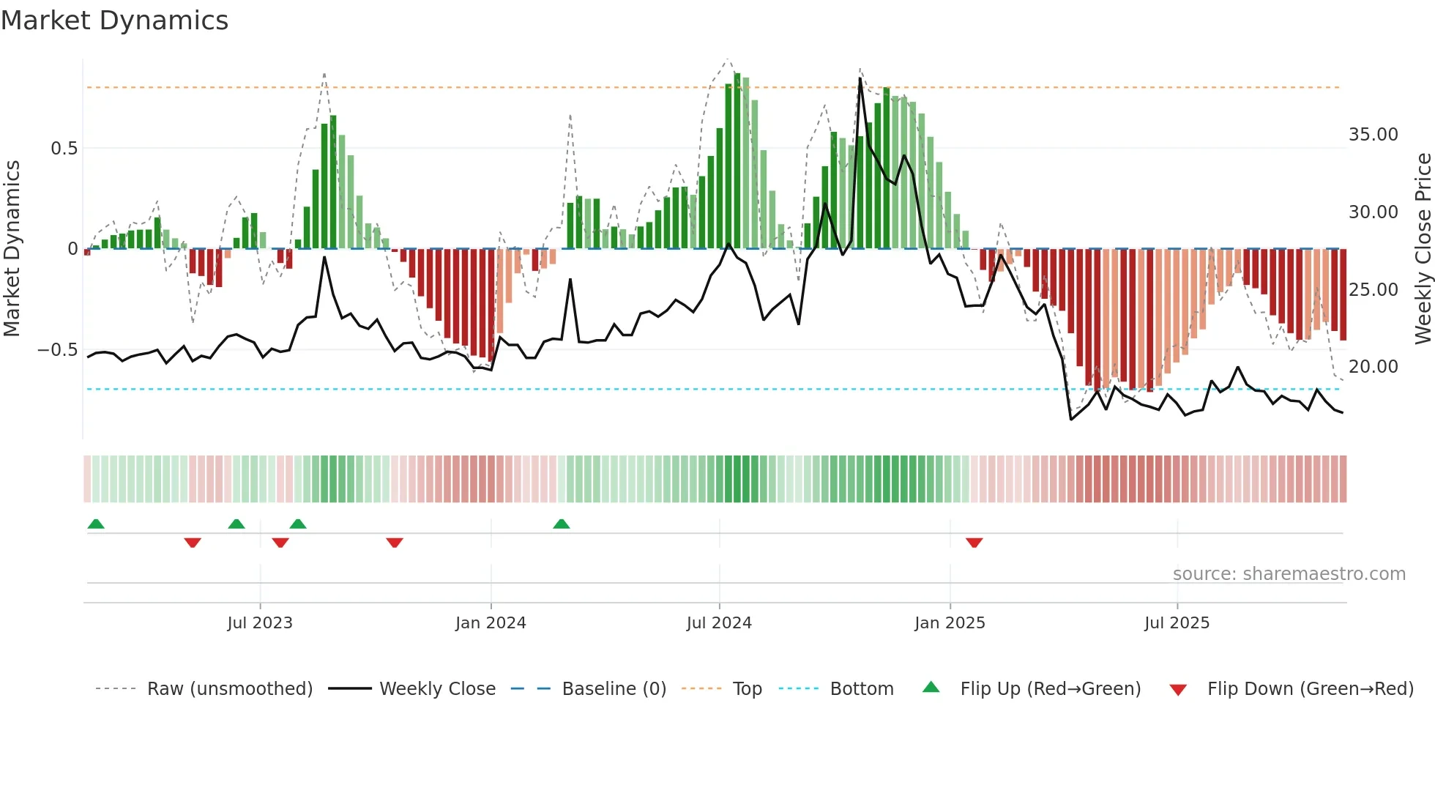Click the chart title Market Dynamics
point(114,21)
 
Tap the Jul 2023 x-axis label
point(259,623)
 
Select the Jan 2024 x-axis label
point(491,623)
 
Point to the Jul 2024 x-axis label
point(719,623)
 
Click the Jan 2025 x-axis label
point(950,623)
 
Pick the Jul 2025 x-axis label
point(1177,623)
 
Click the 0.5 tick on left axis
point(64,149)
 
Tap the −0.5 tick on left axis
point(58,350)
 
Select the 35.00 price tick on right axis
point(1373,135)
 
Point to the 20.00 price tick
point(1373,367)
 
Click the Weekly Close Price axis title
point(1423,249)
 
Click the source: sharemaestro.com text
point(1289,574)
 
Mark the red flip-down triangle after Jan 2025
point(974,543)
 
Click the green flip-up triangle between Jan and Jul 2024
point(562,524)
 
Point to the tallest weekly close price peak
point(860,78)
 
